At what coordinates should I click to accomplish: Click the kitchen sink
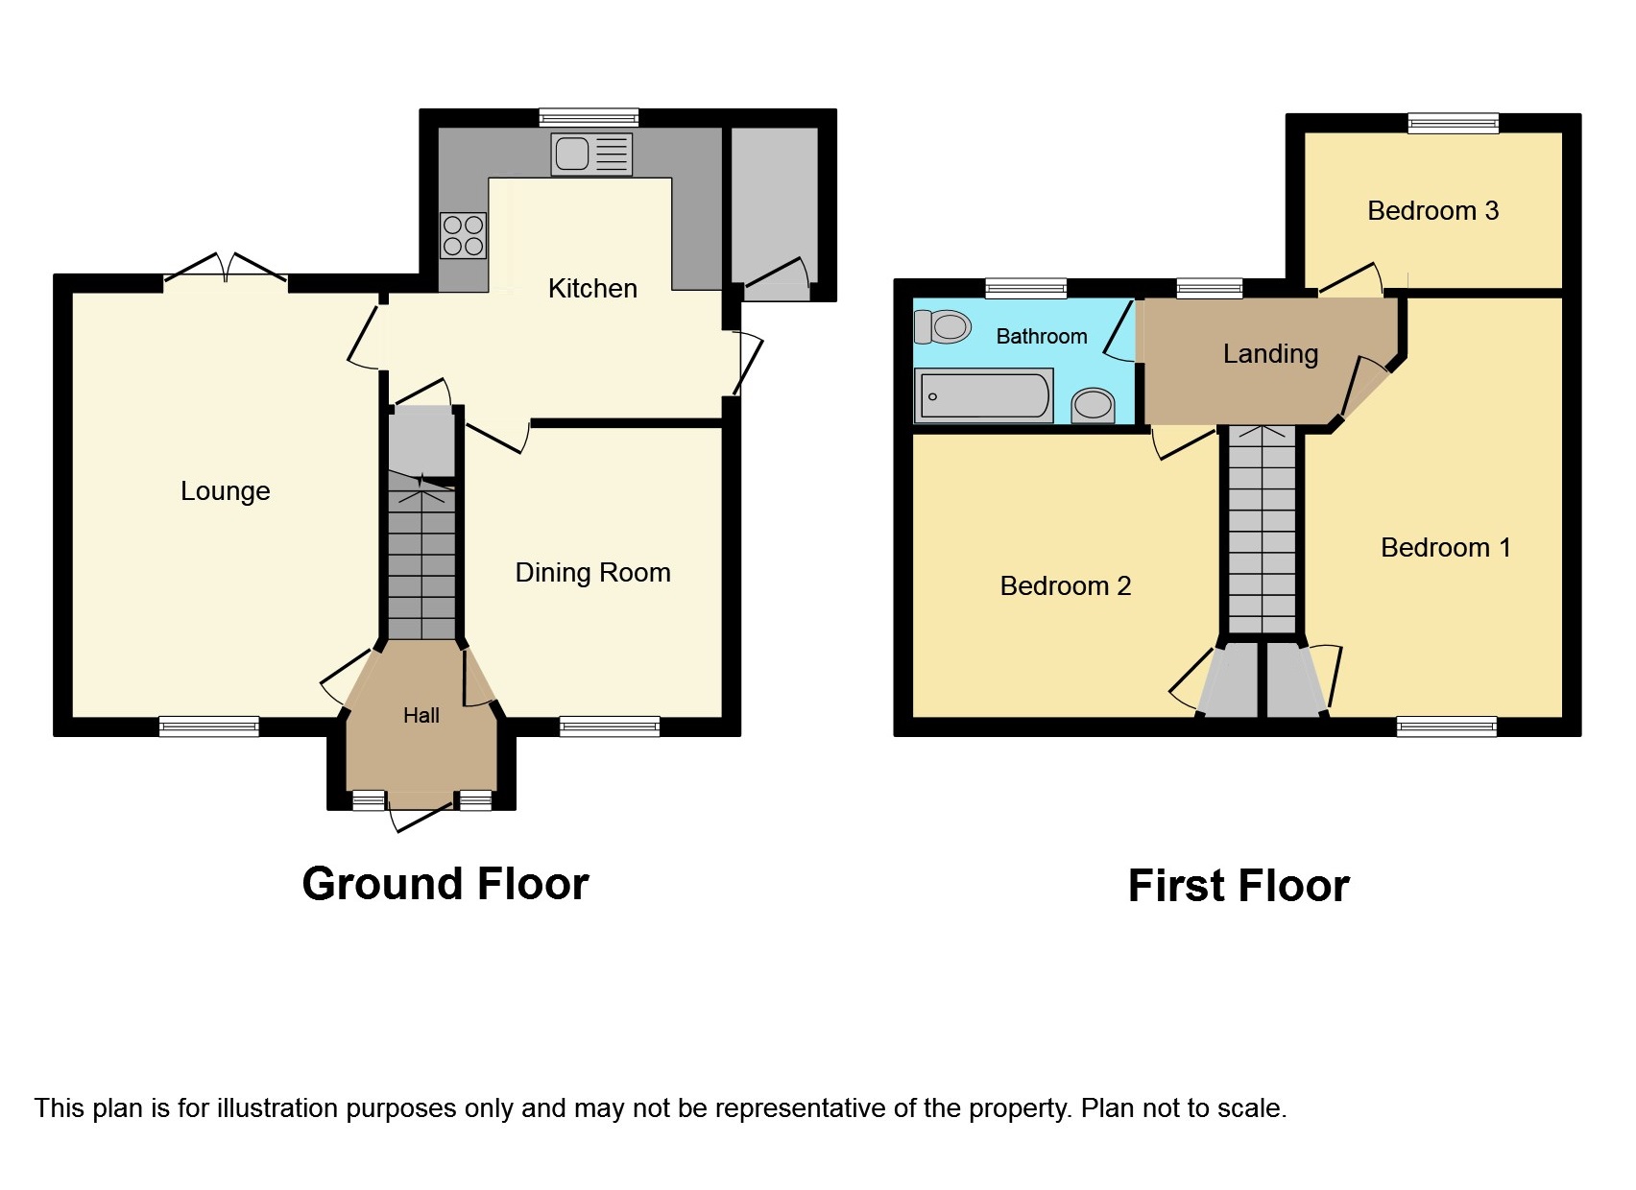coord(591,155)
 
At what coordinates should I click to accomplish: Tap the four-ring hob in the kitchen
coord(463,236)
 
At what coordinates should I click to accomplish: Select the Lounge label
coord(225,491)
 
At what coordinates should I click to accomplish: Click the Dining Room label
coord(592,572)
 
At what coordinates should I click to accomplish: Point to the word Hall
coord(421,716)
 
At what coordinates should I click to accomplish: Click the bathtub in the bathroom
coord(984,395)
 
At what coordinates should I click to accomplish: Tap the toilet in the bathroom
coord(942,326)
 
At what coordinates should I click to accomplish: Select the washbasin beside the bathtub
coord(1093,405)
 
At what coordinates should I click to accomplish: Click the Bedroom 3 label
coord(1433,211)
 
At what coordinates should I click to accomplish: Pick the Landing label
coord(1271,355)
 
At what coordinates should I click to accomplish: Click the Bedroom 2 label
coord(1066,585)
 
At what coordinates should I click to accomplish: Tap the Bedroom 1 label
coord(1446,548)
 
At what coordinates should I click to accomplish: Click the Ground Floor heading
coord(445,884)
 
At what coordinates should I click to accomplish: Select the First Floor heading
coord(1239,887)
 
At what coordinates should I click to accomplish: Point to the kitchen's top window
coord(589,117)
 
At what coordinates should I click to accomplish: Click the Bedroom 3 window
coord(1454,123)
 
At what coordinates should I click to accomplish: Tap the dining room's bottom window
coord(610,726)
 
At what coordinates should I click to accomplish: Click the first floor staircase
coord(1262,530)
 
